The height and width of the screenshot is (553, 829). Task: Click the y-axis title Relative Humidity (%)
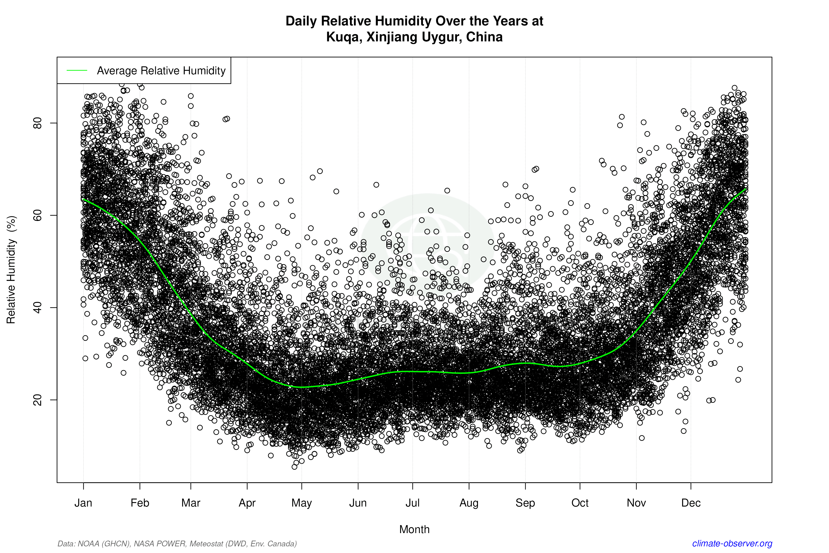click(x=11, y=270)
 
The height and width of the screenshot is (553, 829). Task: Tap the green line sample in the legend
click(x=77, y=71)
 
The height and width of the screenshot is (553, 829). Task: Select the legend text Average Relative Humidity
click(x=161, y=71)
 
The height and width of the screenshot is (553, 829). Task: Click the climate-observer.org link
click(x=732, y=543)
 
